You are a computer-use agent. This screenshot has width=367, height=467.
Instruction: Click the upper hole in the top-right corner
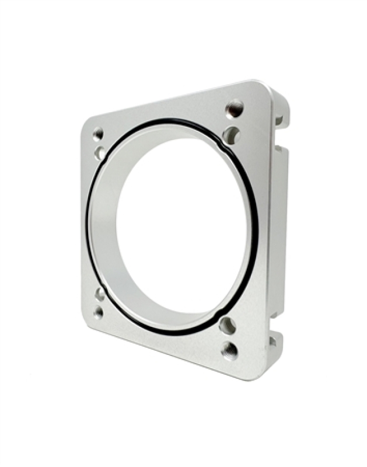235,108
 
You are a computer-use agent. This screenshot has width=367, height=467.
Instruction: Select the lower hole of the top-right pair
231,135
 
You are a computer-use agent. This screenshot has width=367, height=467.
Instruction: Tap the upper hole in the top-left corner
98,134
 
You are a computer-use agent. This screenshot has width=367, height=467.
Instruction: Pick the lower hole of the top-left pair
100,153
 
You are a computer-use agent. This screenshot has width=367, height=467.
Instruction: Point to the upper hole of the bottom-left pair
100,294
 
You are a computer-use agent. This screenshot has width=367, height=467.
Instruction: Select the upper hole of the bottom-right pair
228,325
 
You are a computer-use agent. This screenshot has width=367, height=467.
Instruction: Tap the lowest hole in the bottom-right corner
230,350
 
